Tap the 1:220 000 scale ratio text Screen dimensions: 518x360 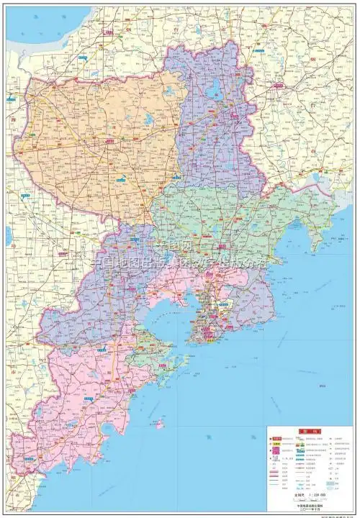307,495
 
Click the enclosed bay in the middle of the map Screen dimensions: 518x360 171,309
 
